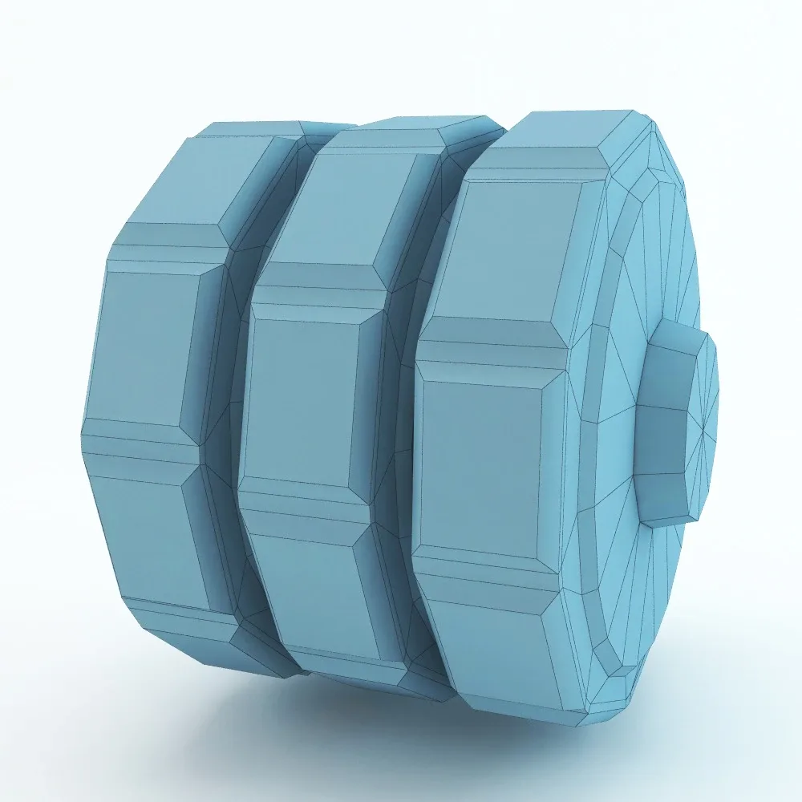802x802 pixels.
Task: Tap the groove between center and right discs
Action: (x=397, y=449)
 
